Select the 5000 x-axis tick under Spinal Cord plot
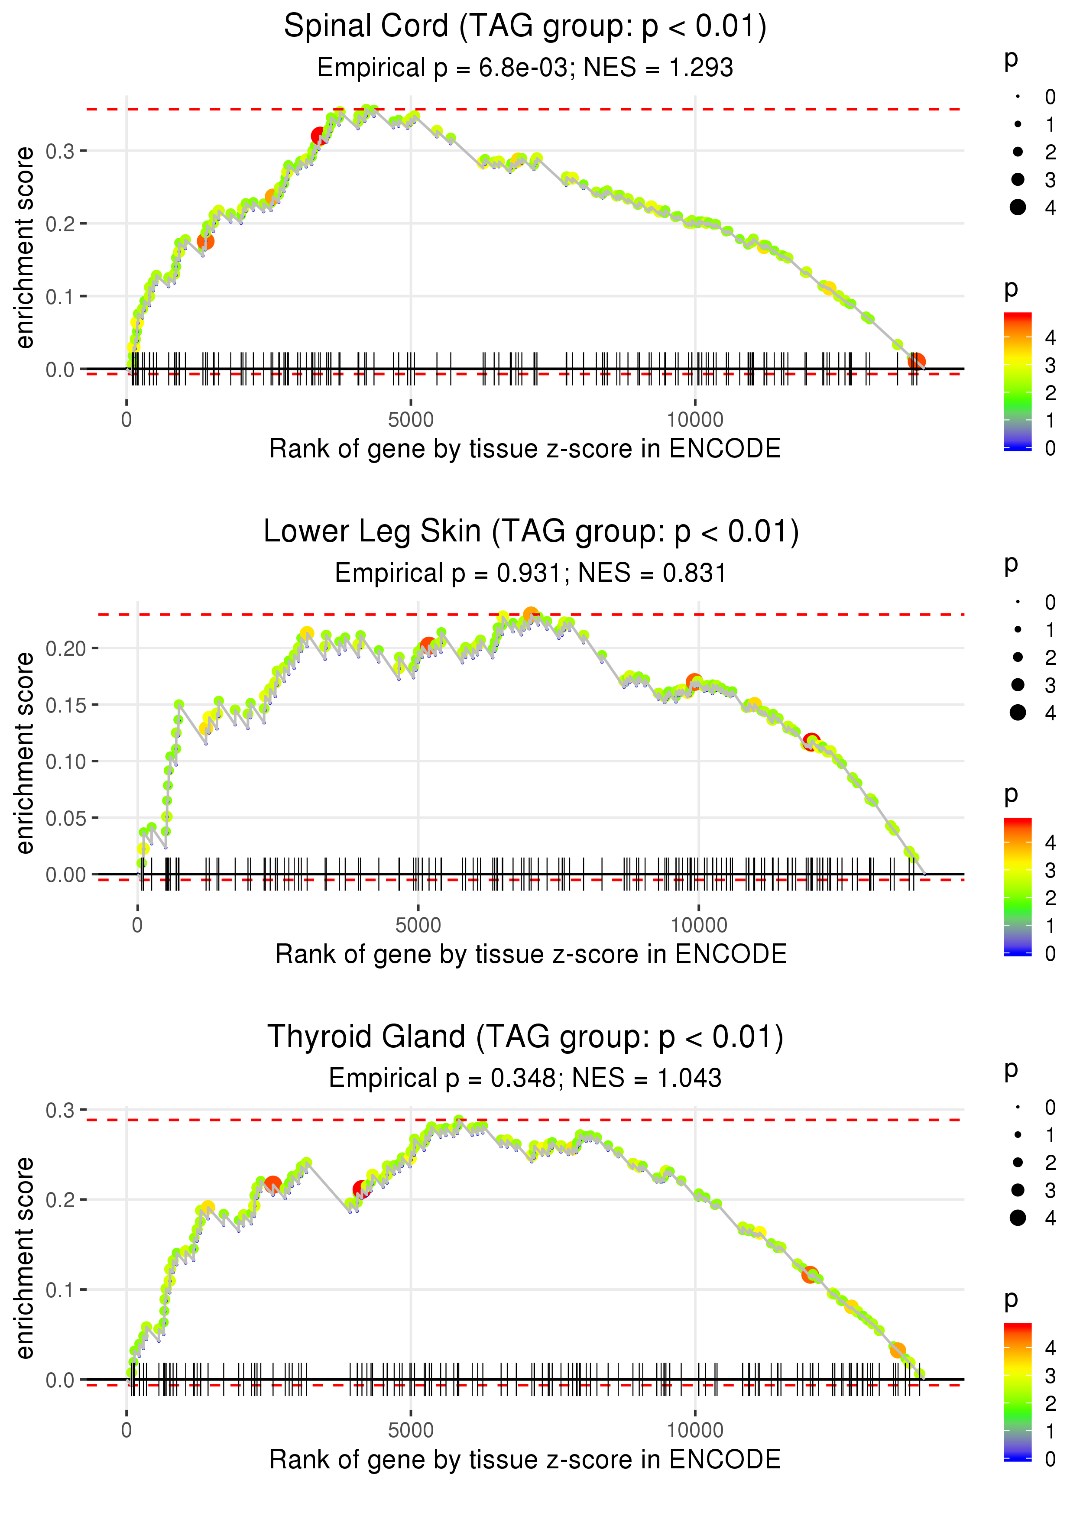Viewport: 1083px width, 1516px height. [411, 420]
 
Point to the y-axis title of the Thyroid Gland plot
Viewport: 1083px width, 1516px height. [25, 1258]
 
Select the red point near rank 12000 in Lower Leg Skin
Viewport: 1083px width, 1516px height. [811, 742]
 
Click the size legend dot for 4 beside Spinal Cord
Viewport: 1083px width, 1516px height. [1018, 207]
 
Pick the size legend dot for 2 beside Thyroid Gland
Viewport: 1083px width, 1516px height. [1018, 1163]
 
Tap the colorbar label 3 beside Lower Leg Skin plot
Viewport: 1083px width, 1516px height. [1051, 871]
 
